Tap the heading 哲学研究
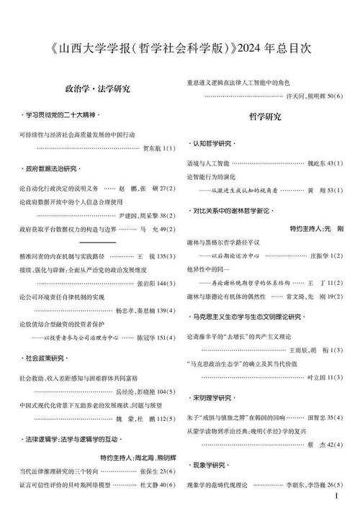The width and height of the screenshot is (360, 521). pos(265,115)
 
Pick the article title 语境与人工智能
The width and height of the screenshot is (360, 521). pos(207,163)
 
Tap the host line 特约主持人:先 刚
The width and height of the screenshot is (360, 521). pos(317,227)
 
